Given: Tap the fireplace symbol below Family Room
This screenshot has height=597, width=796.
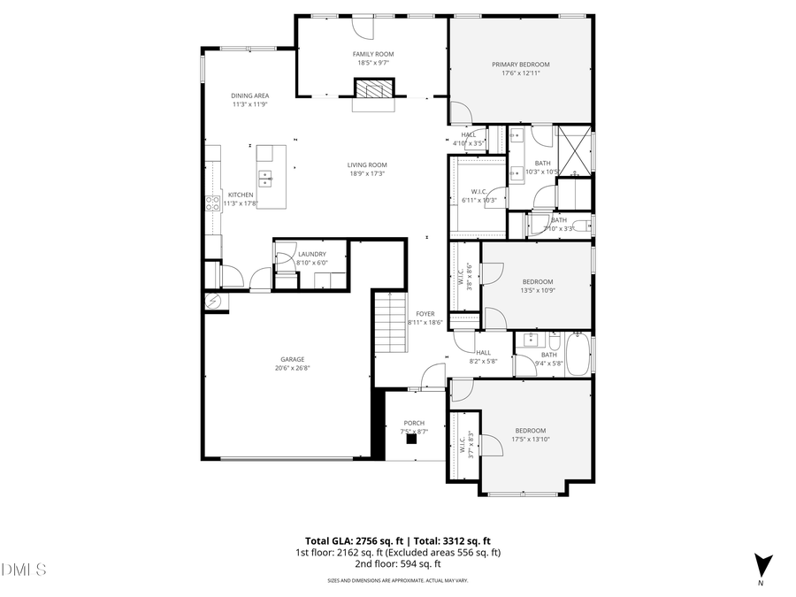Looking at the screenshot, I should pos(371,88).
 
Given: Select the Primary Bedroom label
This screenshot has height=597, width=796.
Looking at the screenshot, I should pos(521,65).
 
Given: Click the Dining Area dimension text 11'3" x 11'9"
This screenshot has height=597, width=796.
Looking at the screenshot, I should pos(250,104).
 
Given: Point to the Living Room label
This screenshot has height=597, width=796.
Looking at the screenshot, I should pos(366,165).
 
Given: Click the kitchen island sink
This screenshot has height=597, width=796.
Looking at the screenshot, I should pos(265,176).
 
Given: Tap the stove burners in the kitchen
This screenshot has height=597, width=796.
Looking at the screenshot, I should pos(212,204).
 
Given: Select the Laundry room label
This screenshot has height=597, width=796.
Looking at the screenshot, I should pos(311,254).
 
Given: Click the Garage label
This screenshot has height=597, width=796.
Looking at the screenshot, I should pos(293,359).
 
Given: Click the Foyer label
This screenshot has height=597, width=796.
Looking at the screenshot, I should pos(425,314).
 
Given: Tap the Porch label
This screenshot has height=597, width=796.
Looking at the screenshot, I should pos(414,423).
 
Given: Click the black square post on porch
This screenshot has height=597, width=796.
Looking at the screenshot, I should pos(411,438).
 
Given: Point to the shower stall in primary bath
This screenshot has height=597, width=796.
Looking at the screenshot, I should pos(574,151).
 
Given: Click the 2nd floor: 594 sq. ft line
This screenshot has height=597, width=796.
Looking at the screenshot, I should pos(398,563).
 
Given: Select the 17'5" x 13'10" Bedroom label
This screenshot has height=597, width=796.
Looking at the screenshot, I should pos(531,431).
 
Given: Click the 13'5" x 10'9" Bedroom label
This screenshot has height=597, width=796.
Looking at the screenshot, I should pos(537,281).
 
